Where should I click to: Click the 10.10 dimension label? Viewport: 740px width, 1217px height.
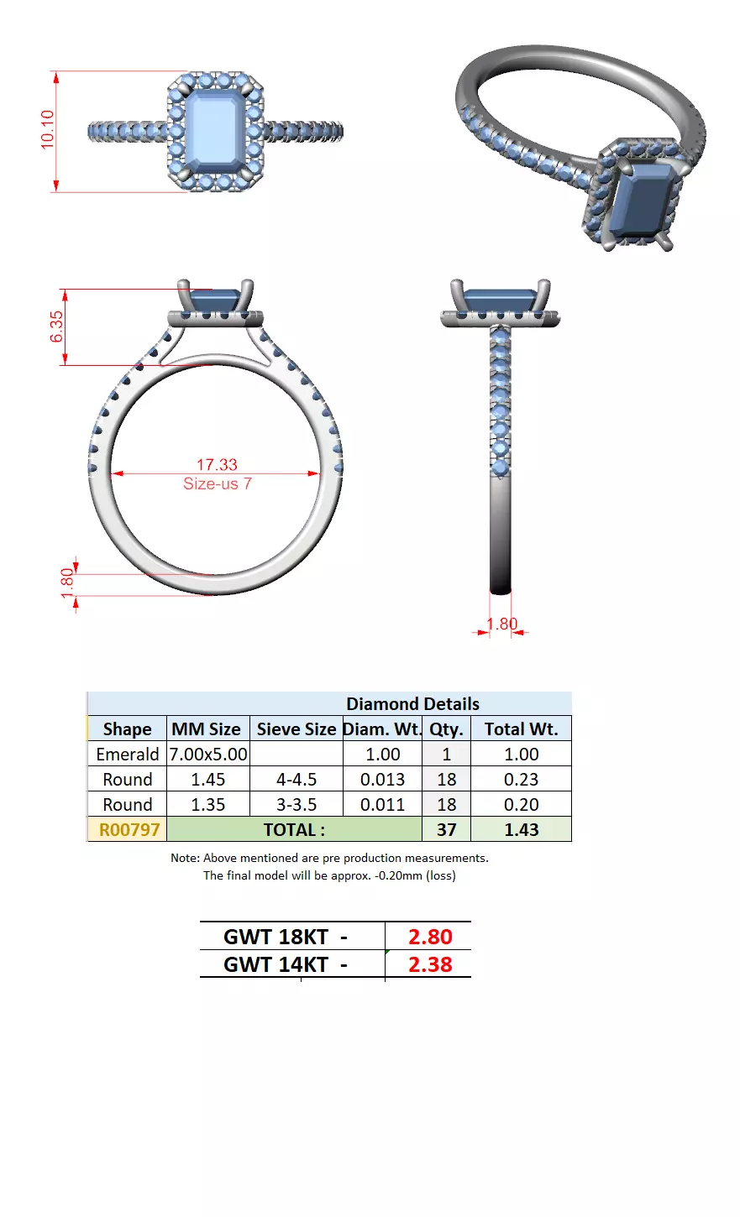[47, 130]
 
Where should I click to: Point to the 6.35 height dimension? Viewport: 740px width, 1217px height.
[56, 326]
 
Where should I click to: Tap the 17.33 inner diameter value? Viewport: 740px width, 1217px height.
[217, 464]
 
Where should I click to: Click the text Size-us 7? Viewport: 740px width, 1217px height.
[217, 484]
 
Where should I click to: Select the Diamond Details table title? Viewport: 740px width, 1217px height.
[412, 704]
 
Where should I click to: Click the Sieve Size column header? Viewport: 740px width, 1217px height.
[297, 729]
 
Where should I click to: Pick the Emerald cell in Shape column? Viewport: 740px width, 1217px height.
[128, 755]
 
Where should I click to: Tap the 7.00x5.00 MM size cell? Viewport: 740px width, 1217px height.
[208, 755]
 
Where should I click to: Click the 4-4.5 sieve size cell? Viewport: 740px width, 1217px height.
[297, 780]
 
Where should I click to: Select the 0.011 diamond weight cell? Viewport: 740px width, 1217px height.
[382, 805]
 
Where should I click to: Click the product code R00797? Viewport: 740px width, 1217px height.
[129, 830]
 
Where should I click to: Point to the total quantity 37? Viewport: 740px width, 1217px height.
[446, 830]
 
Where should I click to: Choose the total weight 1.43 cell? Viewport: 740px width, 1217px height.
[521, 830]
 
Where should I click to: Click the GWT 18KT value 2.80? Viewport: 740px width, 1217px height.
[430, 937]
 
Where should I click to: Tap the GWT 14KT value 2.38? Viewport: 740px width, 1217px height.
[430, 965]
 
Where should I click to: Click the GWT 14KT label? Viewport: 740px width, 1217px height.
[285, 965]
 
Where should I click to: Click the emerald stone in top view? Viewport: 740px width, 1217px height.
[216, 132]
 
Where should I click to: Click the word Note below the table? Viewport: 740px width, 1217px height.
[185, 858]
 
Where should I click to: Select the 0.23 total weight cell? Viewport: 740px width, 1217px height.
[521, 780]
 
